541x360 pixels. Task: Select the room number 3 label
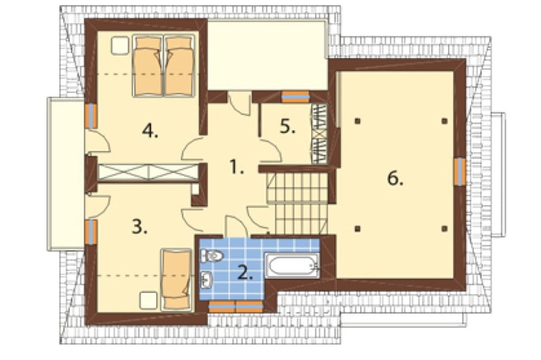140,226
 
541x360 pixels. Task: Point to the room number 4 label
150,130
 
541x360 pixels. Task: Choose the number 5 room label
287,127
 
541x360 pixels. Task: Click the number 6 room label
395,178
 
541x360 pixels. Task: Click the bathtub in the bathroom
292,265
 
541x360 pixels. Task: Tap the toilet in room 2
212,256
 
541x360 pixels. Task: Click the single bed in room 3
176,279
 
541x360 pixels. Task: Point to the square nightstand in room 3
148,301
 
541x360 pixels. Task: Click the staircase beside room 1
296,203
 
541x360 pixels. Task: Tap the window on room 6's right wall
459,171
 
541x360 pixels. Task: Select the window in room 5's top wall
295,97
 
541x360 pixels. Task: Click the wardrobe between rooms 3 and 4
148,172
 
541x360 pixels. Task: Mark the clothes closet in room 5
319,134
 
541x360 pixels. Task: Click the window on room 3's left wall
91,232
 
